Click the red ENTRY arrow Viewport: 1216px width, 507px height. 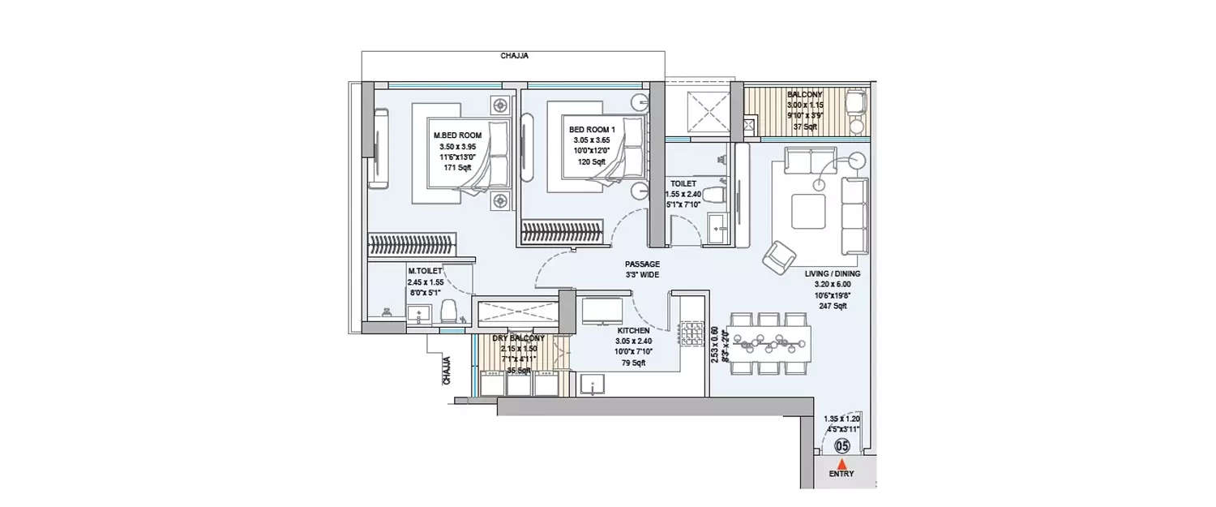tap(843, 463)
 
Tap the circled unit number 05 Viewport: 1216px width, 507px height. tap(843, 445)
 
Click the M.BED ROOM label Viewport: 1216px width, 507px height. tap(457, 135)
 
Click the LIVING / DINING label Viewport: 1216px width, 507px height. tap(833, 274)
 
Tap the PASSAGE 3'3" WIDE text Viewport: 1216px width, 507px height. tap(642, 264)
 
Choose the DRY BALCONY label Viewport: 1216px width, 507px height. tap(519, 337)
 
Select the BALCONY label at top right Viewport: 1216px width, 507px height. tap(804, 94)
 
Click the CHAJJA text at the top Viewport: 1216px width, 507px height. tap(515, 56)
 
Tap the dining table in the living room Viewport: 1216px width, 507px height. tap(769, 342)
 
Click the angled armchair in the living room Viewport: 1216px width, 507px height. tap(779, 258)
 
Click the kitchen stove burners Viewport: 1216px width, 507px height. tap(690, 335)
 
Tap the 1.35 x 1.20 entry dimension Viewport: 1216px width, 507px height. tap(842, 419)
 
